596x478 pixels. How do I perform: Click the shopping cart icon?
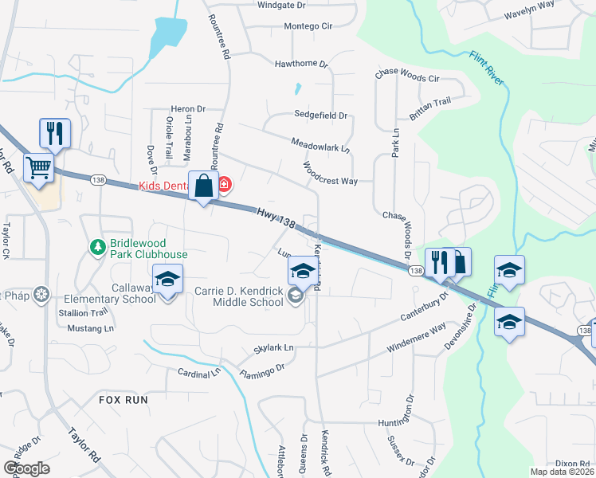(x=38, y=168)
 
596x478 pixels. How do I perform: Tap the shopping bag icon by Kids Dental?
(x=204, y=186)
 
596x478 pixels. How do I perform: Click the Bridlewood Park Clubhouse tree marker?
(x=98, y=248)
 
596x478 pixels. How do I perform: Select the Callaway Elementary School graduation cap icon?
(x=167, y=280)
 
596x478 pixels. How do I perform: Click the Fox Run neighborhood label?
(x=124, y=399)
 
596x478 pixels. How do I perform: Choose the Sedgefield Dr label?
(x=321, y=116)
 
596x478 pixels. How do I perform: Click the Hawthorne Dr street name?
(x=301, y=64)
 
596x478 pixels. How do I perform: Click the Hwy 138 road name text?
(x=276, y=220)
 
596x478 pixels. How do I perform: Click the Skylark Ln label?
(x=273, y=348)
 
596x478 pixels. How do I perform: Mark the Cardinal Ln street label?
(x=198, y=372)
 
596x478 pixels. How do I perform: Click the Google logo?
(x=26, y=468)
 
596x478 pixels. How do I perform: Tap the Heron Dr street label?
(x=188, y=109)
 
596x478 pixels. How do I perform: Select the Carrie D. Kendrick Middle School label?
(x=239, y=296)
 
